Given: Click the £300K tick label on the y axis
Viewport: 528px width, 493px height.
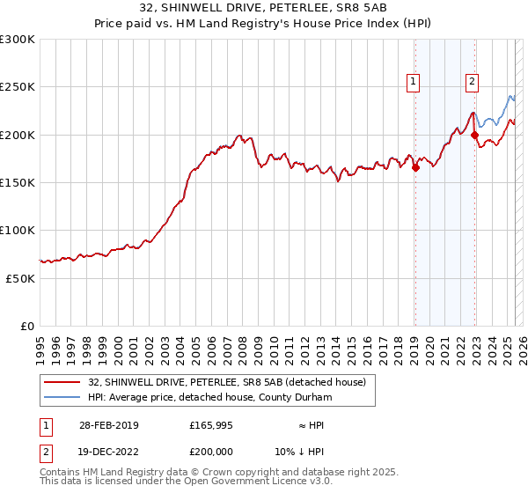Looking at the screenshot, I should click(x=17, y=40).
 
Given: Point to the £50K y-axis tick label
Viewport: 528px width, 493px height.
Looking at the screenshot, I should click(x=20, y=278).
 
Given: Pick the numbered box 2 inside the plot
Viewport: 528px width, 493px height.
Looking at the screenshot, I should click(x=472, y=83).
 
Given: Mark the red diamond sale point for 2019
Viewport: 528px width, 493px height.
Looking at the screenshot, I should click(x=415, y=167).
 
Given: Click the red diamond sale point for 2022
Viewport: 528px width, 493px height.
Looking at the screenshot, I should click(x=475, y=135).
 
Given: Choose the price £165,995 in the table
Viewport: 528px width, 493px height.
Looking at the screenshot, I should click(x=211, y=425).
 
